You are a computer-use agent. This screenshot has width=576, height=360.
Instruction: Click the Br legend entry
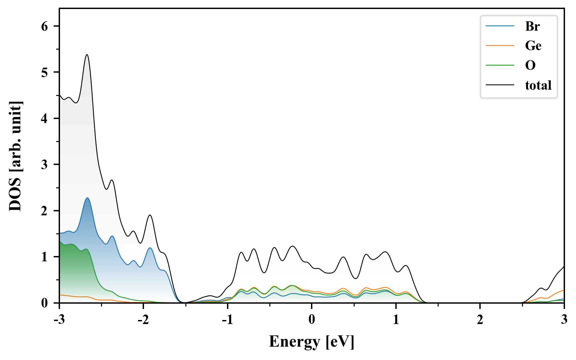pos(532,26)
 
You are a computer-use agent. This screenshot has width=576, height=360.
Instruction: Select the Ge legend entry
pos(533,45)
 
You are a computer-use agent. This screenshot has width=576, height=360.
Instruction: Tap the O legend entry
pos(530,65)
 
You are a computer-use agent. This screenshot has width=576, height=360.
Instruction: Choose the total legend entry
pos(538,85)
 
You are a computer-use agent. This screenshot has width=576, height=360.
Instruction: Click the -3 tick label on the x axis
pos(59,320)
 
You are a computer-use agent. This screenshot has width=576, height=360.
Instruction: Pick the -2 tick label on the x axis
pos(143,320)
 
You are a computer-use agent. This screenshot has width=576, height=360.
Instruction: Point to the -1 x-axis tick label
pos(227,320)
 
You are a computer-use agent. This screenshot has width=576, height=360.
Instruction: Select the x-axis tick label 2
pos(480,320)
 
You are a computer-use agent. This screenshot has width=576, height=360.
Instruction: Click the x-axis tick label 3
pos(564,320)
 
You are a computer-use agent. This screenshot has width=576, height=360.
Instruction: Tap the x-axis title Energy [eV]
pos(312,342)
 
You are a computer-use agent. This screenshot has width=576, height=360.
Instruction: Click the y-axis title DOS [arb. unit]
pos(15,156)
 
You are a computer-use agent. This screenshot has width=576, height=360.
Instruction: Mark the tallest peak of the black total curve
pos(87,55)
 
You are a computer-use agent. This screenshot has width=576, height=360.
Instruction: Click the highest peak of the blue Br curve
pos(87,198)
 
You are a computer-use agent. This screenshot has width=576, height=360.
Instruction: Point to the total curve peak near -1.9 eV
pos(150,215)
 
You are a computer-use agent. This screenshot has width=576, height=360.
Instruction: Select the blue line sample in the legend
pos(500,26)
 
